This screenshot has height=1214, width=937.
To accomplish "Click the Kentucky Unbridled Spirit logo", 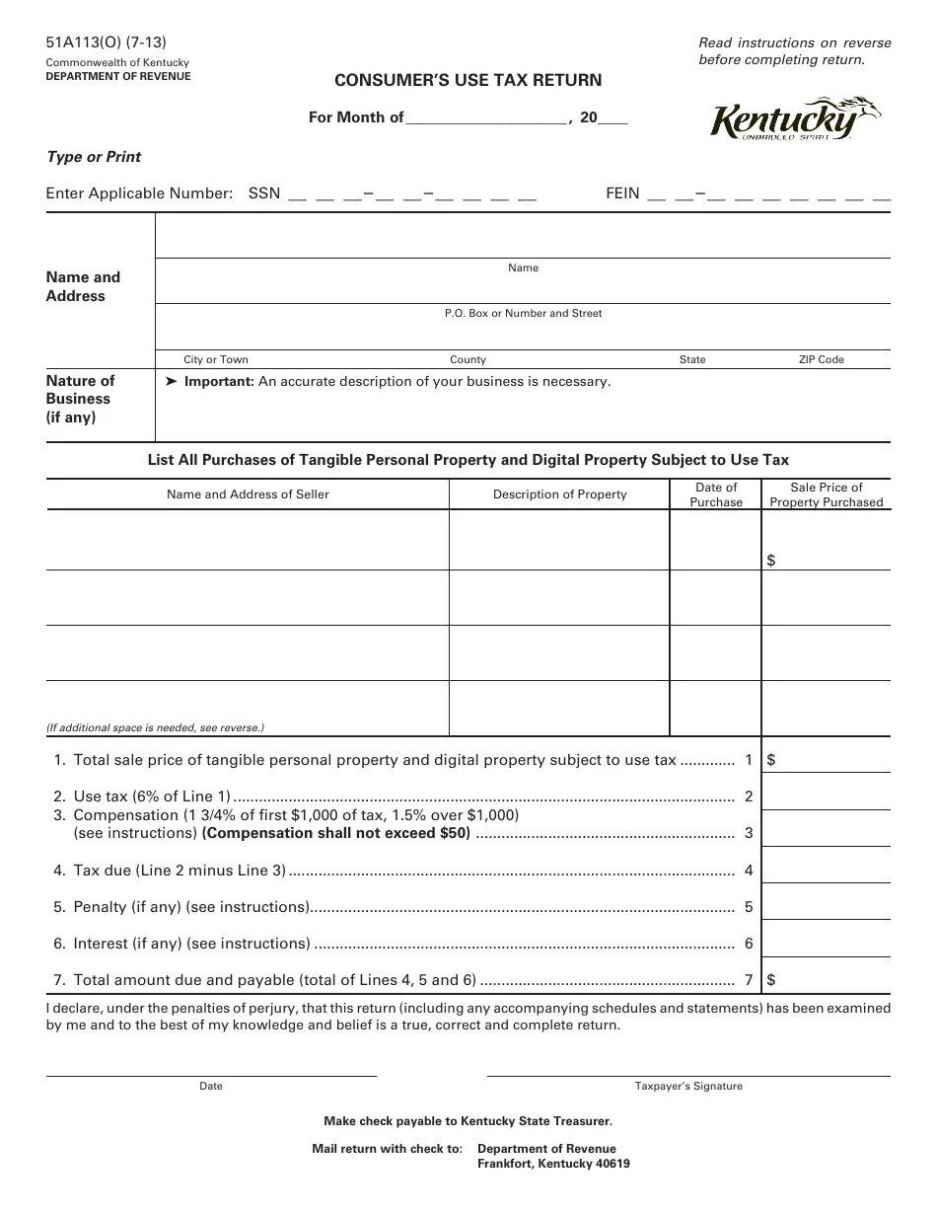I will [794, 120].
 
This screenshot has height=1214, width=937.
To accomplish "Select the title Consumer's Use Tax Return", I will [468, 80].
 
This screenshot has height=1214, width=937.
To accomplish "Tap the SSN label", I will [264, 194].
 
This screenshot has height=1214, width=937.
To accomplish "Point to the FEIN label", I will [622, 194].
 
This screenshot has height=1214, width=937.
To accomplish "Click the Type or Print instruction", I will [94, 157].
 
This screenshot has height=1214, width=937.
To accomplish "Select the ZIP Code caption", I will [821, 360].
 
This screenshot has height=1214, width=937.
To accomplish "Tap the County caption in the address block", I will [468, 360].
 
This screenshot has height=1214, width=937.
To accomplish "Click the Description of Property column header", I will [559, 494].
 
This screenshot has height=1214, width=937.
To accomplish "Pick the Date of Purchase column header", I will [716, 494].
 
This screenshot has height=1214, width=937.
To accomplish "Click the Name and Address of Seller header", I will [248, 494].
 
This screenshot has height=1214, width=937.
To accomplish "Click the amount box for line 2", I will [827, 796].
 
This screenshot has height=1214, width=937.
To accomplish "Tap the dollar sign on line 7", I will [771, 980].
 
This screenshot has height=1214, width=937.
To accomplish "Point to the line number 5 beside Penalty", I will [749, 907].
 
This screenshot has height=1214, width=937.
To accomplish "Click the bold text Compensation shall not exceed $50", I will [336, 833].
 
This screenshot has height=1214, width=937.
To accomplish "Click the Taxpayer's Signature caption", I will [688, 1087].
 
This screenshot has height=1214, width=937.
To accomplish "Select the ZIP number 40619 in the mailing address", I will [611, 1164].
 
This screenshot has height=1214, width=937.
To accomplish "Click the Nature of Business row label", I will [80, 399].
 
